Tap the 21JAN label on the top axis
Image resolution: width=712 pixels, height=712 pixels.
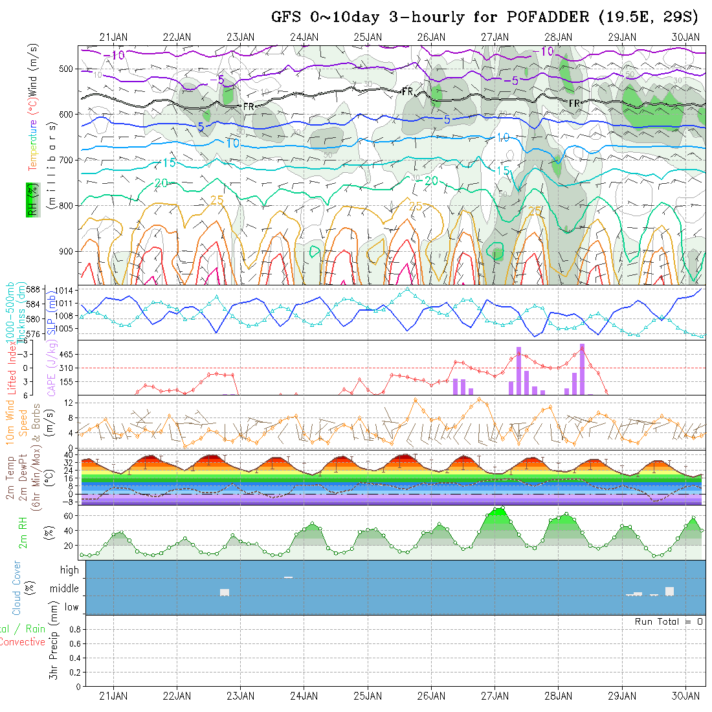(x=113, y=37)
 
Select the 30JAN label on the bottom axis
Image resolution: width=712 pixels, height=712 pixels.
(x=685, y=696)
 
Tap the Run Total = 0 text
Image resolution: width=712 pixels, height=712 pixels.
(x=669, y=621)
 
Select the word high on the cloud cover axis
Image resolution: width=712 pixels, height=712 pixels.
(x=69, y=570)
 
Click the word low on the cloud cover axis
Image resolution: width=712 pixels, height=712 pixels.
(x=71, y=607)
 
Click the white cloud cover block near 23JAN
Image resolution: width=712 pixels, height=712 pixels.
(x=225, y=592)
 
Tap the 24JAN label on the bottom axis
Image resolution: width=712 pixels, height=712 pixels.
(x=304, y=696)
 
